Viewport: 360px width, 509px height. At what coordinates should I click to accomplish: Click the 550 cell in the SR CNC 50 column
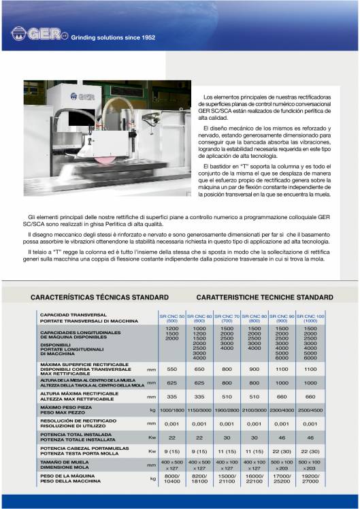171,369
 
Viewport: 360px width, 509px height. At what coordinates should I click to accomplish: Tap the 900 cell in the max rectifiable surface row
255,369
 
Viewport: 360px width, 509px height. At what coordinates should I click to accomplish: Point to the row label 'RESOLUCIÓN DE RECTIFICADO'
78,421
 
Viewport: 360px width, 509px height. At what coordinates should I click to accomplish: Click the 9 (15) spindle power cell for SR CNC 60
199,451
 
